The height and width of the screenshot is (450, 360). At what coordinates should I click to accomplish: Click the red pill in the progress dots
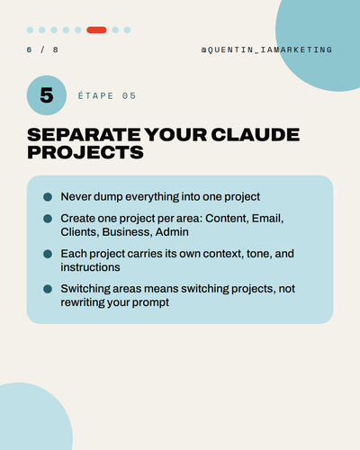coord(96,30)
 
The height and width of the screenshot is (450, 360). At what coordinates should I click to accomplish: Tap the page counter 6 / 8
coord(42,49)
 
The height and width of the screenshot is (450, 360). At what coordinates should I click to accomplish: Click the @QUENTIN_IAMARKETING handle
coord(266,49)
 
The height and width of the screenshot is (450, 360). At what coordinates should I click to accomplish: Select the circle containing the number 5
coord(47,95)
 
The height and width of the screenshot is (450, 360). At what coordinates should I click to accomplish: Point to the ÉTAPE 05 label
coord(107,95)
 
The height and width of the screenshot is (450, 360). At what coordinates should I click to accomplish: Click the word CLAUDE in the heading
coord(256,134)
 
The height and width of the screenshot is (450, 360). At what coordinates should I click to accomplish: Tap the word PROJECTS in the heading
coord(85,152)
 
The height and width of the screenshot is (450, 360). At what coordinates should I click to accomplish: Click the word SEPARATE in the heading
coord(84,134)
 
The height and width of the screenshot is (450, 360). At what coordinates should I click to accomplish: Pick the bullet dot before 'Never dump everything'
coord(48,197)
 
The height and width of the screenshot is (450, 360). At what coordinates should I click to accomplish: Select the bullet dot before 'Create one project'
coord(48,219)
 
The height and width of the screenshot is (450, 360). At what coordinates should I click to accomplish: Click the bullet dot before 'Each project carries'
coord(48,254)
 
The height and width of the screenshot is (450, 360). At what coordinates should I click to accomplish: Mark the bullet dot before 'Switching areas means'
coord(48,289)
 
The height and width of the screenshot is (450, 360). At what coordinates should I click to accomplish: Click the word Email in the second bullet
coord(267,219)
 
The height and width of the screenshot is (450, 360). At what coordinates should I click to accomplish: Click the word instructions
coord(90,267)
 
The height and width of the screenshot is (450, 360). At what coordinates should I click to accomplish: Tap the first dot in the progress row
coord(30,30)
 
